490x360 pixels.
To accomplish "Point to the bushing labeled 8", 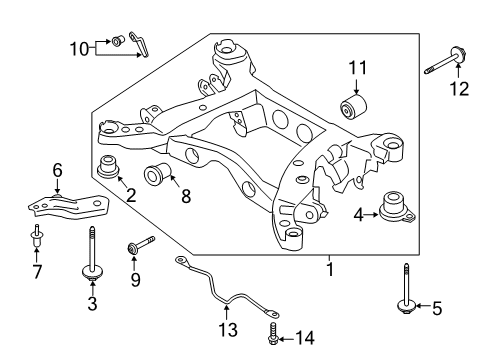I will (x=156, y=173).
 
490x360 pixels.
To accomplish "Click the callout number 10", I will (x=79, y=47).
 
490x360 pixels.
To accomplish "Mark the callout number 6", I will (x=57, y=171).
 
